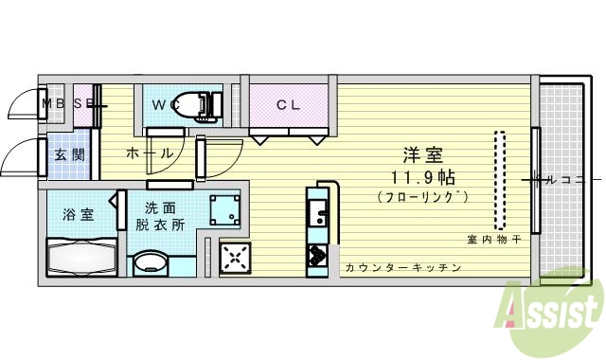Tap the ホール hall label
(149, 153)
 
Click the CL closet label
(288, 105)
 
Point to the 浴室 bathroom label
(78, 213)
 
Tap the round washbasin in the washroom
(148, 262)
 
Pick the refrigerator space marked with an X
(234, 258)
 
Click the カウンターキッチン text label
(402, 268)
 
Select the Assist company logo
(555, 308)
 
